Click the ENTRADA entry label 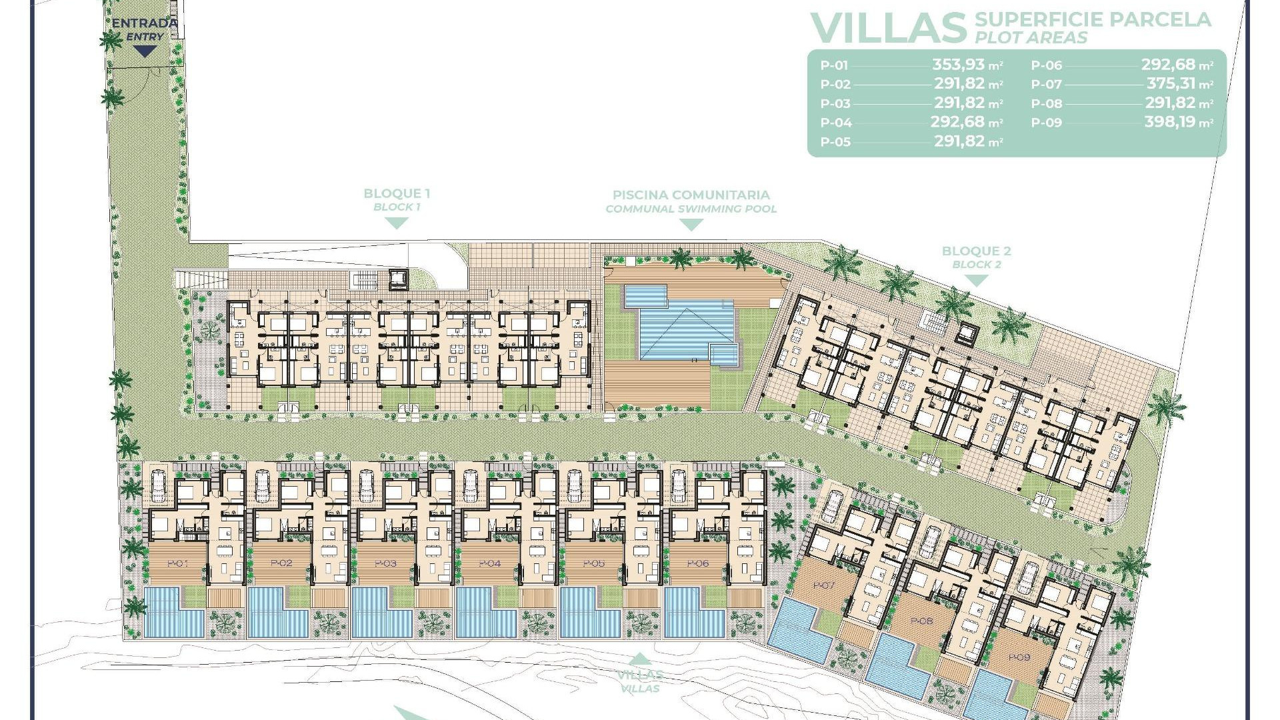click(145, 23)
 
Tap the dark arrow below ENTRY click(145, 51)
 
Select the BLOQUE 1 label click(397, 194)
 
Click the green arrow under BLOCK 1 click(397, 223)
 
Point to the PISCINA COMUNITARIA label click(691, 195)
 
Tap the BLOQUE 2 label click(976, 251)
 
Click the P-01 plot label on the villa click(177, 563)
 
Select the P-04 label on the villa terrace click(489, 563)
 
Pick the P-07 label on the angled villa click(824, 585)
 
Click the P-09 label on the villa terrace click(1019, 657)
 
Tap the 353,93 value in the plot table click(959, 65)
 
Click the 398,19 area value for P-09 click(1170, 122)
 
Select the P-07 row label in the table click(1046, 85)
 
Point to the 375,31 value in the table click(1171, 84)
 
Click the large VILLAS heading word click(888, 28)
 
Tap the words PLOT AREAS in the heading click(1031, 38)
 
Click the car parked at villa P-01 click(159, 485)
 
